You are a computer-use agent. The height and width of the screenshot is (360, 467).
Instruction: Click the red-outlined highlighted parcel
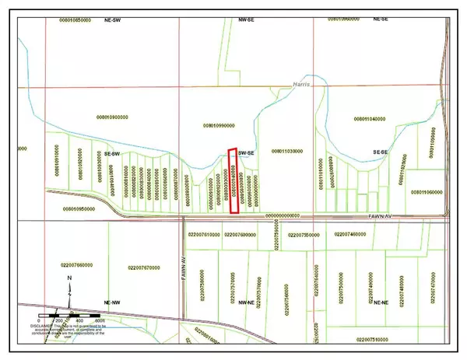point(233,180)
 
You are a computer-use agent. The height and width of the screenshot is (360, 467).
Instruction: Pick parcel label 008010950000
point(77,208)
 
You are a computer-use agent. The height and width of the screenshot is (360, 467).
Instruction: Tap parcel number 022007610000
point(200,233)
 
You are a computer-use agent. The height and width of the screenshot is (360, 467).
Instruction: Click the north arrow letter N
point(69,277)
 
